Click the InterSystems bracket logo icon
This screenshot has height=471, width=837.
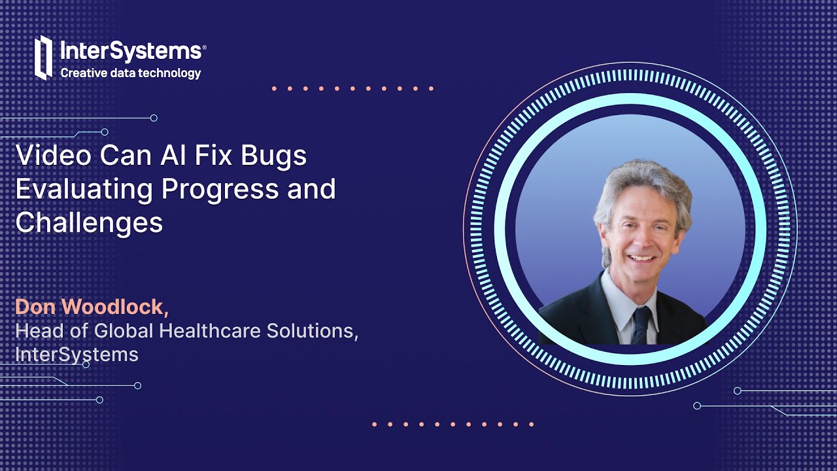click(x=43, y=58)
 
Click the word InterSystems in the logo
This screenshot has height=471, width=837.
click(x=131, y=51)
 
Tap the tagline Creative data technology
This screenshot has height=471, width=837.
click(x=131, y=73)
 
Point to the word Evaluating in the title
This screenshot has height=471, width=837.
click(x=84, y=190)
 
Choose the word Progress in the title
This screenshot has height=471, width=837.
click(x=217, y=190)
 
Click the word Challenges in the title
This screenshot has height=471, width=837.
click(x=89, y=223)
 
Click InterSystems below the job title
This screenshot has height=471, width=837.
click(x=77, y=355)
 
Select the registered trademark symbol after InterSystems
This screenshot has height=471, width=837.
click(x=204, y=47)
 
